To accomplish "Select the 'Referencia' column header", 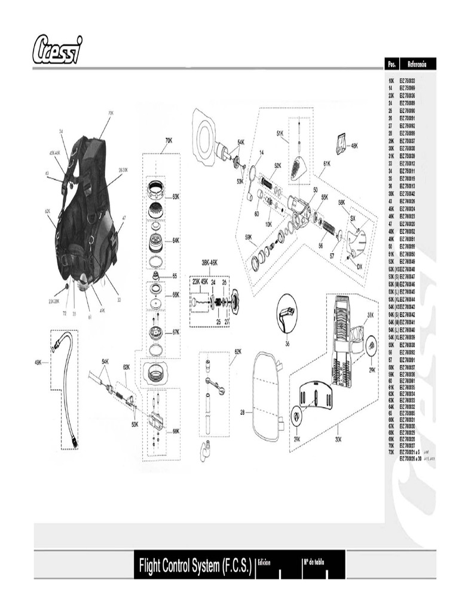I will [417, 63].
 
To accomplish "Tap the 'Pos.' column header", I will [392, 63].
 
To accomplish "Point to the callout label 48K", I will [354, 145].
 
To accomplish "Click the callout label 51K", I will [279, 133].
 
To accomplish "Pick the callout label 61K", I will [327, 163].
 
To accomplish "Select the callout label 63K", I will [176, 196].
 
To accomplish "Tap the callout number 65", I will [175, 276].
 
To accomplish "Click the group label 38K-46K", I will [209, 262].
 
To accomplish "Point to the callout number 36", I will [287, 343].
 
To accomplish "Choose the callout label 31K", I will [370, 315].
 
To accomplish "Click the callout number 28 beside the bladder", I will [243, 412].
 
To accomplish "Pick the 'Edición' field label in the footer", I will [264, 563].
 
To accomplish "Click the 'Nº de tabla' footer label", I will [313, 563].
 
